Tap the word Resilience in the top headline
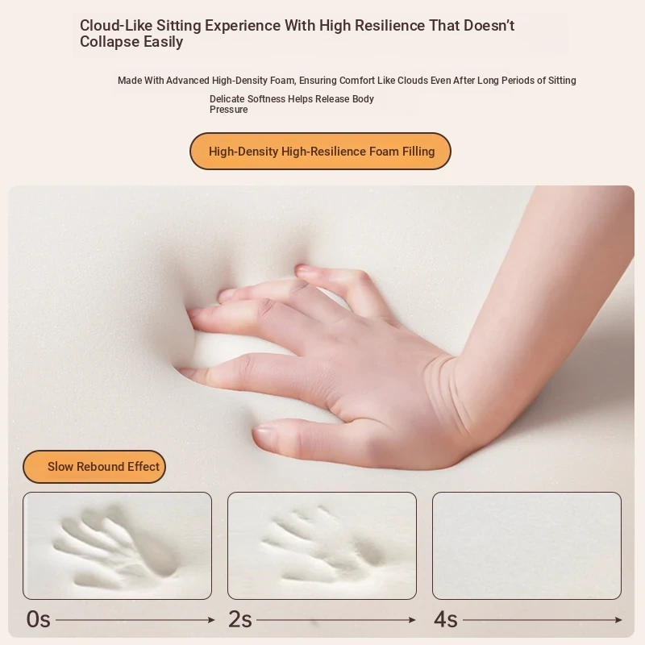tap(389, 26)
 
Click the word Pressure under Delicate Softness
tap(229, 110)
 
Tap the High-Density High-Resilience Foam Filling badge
tap(320, 151)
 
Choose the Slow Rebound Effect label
tap(94, 467)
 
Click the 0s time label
tap(38, 619)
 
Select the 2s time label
tap(239, 619)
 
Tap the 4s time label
tap(446, 619)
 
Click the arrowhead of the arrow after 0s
tap(212, 620)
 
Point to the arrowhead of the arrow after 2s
tap(413, 620)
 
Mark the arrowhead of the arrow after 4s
tap(618, 620)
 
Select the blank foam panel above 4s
tap(526, 546)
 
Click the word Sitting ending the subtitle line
tap(562, 81)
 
